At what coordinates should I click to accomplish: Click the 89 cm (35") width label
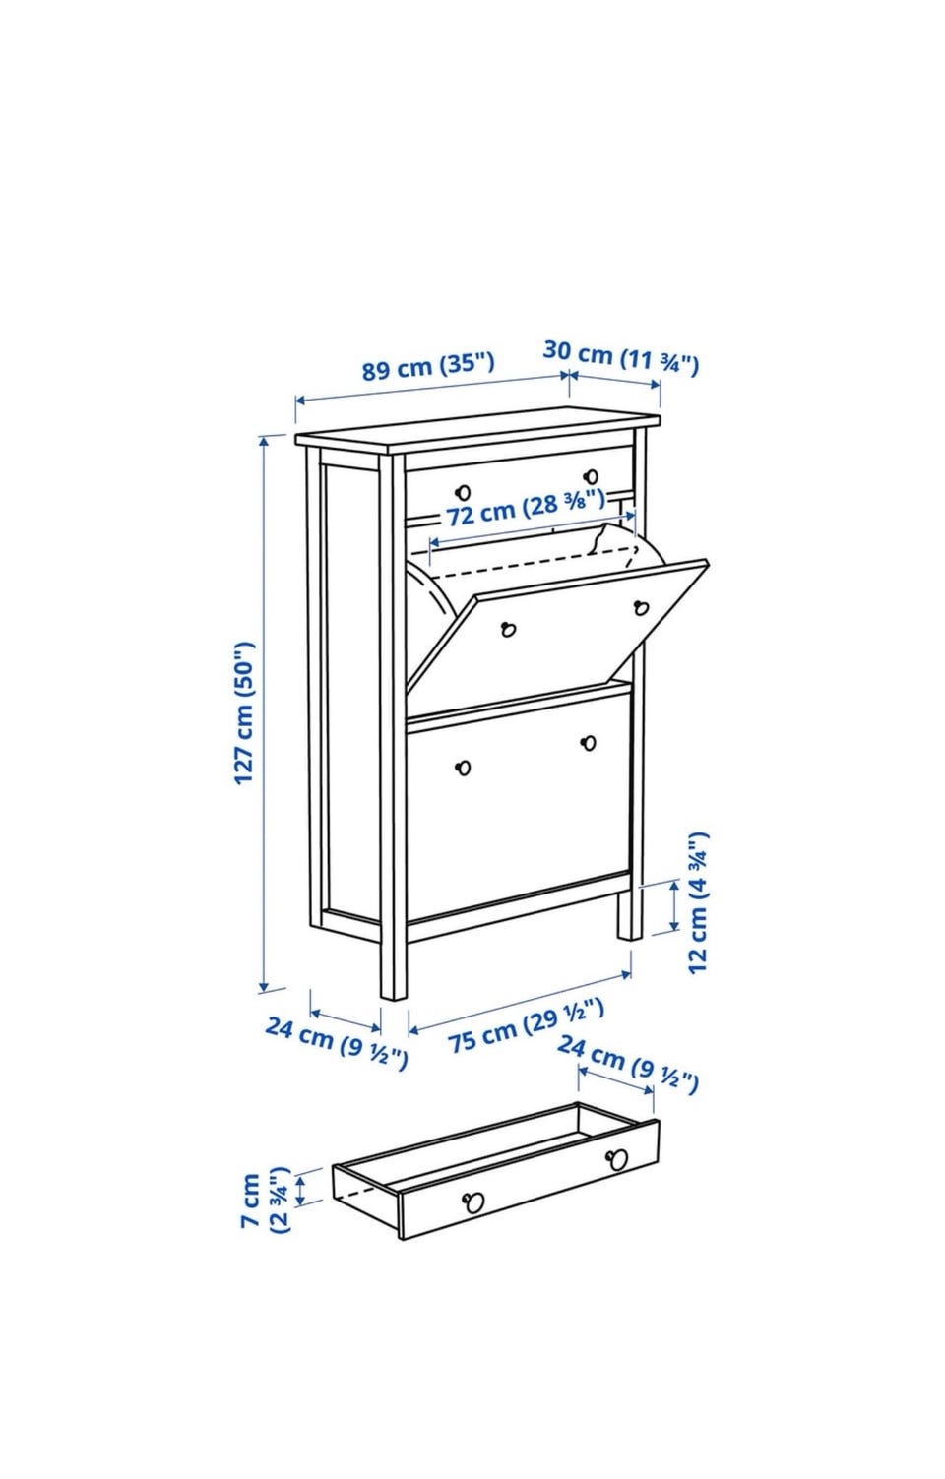427,366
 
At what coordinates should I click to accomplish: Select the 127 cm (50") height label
244,712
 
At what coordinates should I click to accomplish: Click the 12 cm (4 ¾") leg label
697,902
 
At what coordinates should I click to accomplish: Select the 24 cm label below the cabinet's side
336,1043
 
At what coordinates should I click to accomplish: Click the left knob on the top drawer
463,492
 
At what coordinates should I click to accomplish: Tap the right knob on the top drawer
591,476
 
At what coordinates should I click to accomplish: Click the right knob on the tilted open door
641,607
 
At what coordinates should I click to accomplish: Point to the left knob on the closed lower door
463,768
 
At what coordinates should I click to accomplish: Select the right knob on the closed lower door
588,743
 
